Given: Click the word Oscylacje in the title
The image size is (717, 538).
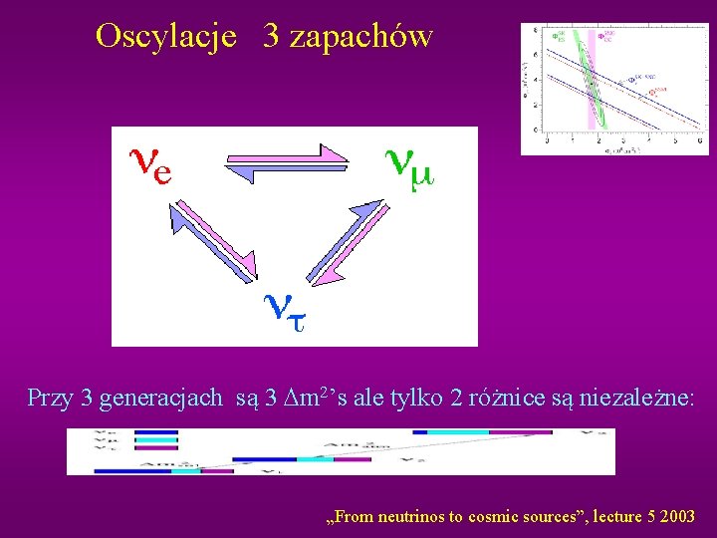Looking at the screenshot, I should pos(165,37).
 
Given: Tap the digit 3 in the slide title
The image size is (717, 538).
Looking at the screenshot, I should pos(271,37).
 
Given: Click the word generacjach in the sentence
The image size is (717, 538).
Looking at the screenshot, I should pos(161,398).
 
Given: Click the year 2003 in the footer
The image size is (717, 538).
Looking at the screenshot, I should pos(677,517).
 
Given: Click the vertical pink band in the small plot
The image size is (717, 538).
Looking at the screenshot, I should pos(592,85).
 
